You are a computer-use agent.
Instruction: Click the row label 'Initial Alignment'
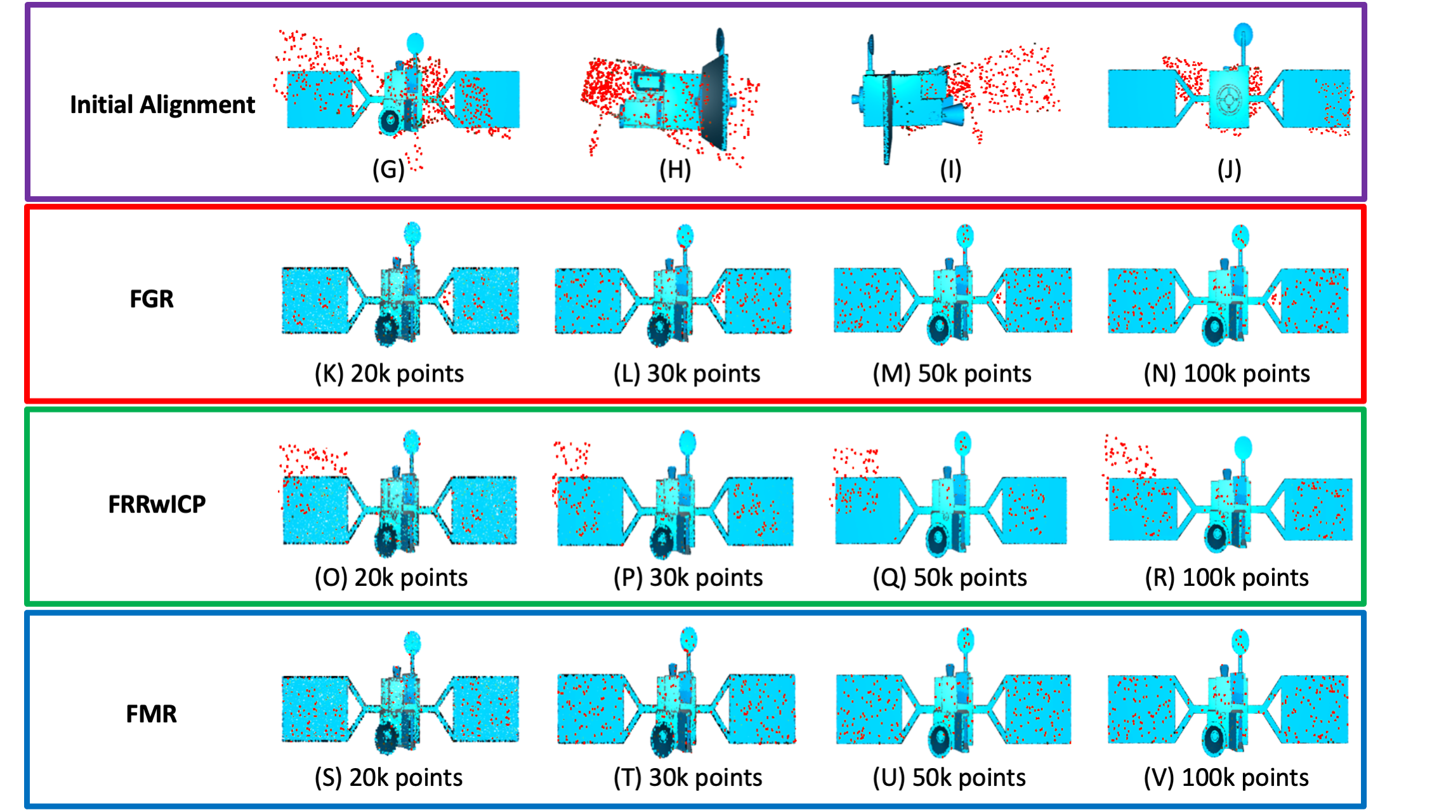click(x=162, y=105)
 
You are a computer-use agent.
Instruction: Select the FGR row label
click(x=151, y=298)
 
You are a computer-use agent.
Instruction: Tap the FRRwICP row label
click(x=157, y=504)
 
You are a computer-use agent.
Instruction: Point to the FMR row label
click(x=151, y=714)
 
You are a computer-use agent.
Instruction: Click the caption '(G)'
click(x=388, y=169)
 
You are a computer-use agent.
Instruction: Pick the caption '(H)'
click(x=674, y=169)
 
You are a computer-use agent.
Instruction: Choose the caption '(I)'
click(x=950, y=169)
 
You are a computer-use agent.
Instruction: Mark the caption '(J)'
click(x=1229, y=169)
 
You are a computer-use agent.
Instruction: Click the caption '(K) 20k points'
click(x=389, y=373)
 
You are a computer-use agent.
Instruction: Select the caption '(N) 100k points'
click(x=1226, y=373)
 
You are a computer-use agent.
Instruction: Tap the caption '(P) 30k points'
click(x=688, y=578)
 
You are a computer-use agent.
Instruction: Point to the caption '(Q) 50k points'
click(x=950, y=578)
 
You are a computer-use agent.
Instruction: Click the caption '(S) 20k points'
click(x=388, y=778)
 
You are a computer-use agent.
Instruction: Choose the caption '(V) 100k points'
click(x=1226, y=778)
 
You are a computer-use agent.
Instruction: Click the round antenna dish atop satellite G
click(x=414, y=43)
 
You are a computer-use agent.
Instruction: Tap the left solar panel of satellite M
click(x=867, y=300)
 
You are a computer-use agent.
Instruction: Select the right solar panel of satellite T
click(x=761, y=708)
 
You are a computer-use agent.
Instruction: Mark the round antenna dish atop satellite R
click(x=1243, y=447)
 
